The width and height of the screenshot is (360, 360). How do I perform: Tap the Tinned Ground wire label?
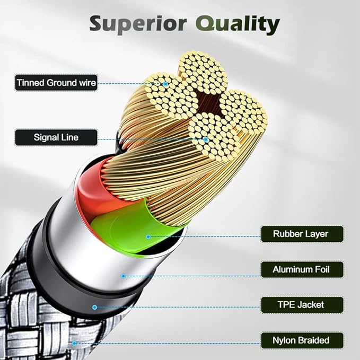coord(56,83)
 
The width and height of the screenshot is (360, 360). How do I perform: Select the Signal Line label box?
coord(56,137)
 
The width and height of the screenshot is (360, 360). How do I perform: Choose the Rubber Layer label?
coord(301,234)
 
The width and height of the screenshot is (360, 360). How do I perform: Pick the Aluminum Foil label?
coord(301,269)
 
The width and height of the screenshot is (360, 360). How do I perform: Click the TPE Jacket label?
coord(301,305)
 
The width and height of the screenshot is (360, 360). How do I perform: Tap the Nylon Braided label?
coord(301,340)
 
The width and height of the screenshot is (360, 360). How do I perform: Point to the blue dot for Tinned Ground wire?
coord(165,83)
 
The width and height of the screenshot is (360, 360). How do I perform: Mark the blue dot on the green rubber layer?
coord(148,236)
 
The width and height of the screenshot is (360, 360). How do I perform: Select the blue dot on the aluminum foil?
coord(123,276)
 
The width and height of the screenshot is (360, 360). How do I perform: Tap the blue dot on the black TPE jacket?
coord(95,307)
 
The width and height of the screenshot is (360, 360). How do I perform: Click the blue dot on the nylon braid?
coord(74,343)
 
